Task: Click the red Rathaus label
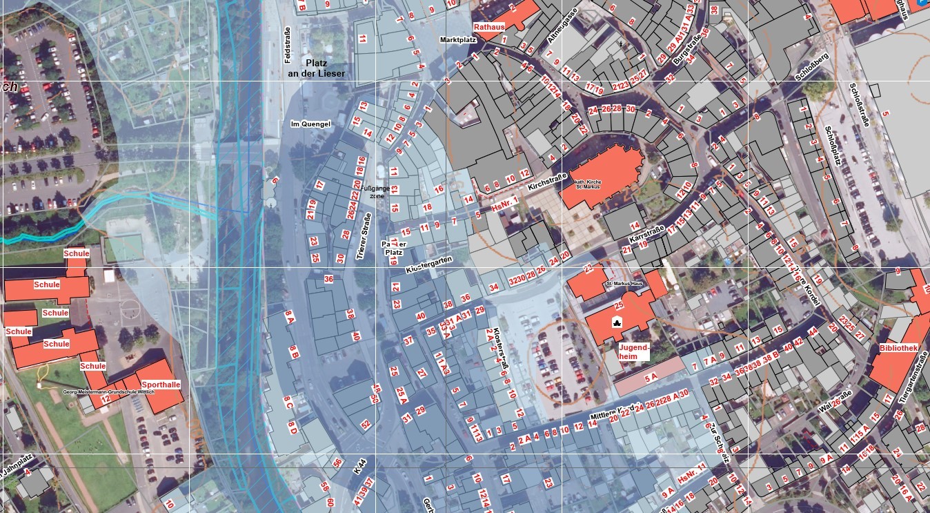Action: [489, 26]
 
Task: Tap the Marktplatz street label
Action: [458, 40]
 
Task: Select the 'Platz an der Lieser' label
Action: [316, 68]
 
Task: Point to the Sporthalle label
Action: [161, 384]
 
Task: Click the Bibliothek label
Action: [898, 349]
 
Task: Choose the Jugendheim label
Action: [633, 351]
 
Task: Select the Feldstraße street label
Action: [288, 45]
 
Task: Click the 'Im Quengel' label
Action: [310, 124]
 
